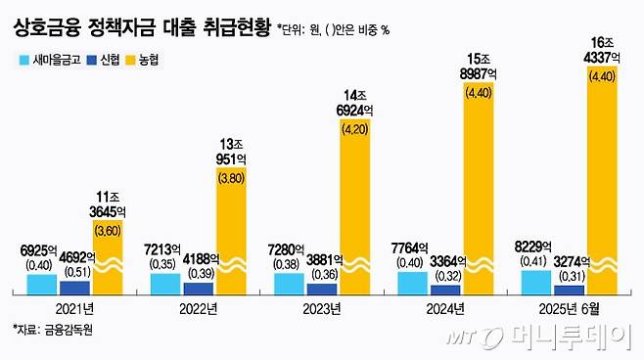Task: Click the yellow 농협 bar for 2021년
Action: click(108, 256)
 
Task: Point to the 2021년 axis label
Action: click(75, 308)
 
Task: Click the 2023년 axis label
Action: click(322, 308)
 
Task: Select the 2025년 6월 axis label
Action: click(570, 308)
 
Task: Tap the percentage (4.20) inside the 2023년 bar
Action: click(354, 153)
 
